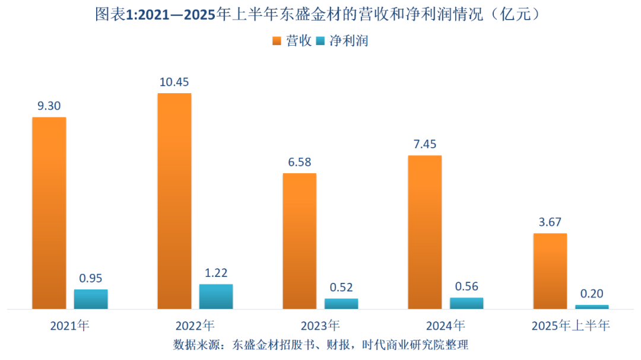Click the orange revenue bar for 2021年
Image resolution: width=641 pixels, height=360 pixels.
point(49,213)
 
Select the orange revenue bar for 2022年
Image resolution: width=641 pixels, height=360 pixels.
point(174,201)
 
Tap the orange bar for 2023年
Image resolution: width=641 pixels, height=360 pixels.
point(299,241)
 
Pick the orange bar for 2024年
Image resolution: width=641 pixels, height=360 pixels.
point(424,232)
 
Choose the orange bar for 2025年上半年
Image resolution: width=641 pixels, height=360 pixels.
point(550,271)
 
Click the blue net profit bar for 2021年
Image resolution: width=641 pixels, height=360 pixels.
point(91,300)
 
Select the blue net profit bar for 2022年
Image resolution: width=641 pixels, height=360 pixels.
point(216,297)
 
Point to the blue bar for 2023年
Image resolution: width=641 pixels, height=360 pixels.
point(341,304)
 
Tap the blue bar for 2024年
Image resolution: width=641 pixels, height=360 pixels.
point(467,303)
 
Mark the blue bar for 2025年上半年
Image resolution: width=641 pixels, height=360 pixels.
point(592,307)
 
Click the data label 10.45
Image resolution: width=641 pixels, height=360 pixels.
point(174,82)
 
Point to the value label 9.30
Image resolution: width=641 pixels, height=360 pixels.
point(49,106)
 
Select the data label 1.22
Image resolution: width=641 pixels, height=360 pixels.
point(216,273)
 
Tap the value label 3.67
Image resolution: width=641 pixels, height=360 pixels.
point(550,222)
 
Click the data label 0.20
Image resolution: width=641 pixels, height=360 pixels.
point(592,294)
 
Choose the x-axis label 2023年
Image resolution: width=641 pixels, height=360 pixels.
point(320,326)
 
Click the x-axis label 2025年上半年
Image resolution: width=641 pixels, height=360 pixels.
point(570,326)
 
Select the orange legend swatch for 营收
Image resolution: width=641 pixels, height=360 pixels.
point(277,41)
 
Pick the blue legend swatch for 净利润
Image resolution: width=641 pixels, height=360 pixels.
point(320,41)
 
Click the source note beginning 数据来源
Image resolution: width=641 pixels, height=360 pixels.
point(320,345)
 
